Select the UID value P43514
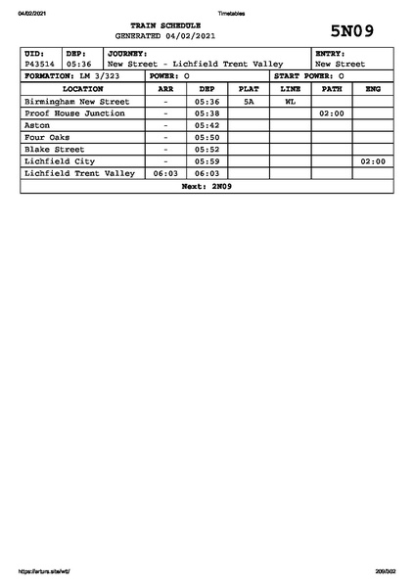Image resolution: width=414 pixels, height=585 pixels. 40,65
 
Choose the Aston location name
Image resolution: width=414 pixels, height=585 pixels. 36,125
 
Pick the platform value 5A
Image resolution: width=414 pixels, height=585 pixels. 249,101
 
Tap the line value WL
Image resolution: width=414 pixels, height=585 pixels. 290,101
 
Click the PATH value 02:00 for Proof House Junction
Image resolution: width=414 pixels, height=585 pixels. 331,113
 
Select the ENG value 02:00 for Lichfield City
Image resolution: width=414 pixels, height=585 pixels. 373,161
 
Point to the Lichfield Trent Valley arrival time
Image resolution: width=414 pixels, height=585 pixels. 165,173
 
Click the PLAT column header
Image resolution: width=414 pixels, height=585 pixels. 249,88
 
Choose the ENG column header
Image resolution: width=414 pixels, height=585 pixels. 373,88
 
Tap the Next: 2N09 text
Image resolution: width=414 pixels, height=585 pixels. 207,186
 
